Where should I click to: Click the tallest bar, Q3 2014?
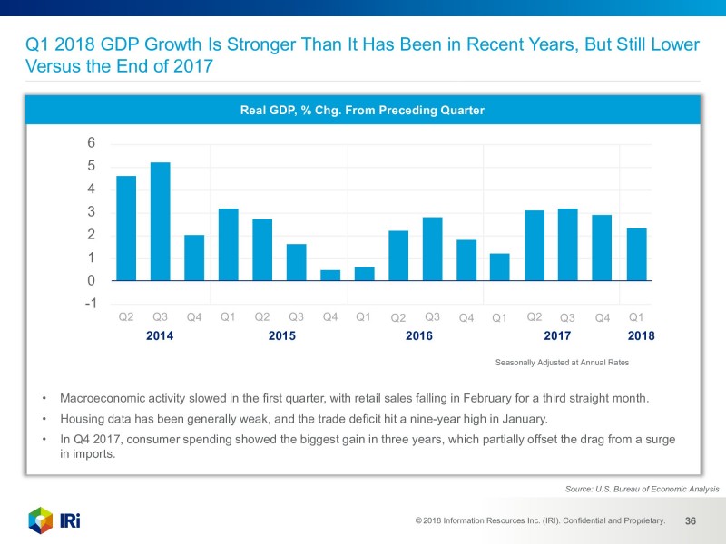[x=161, y=222]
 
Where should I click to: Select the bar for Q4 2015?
[x=330, y=275]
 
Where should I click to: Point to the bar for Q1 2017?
[x=500, y=267]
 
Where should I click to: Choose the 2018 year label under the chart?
[x=641, y=335]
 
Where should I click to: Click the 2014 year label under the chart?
[x=160, y=335]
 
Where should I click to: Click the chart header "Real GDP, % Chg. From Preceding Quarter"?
[x=362, y=111]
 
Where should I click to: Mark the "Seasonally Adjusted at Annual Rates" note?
[x=562, y=362]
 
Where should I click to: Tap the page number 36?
[x=691, y=521]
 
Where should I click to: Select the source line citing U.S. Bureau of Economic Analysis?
[x=642, y=489]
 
